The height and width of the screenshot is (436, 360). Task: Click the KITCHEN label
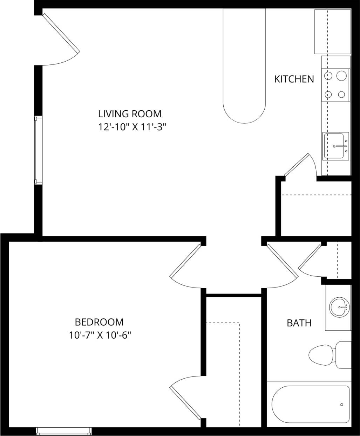[x=294, y=79]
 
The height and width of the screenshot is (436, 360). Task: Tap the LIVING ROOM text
[x=130, y=114]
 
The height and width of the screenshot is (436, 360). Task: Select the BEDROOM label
[x=99, y=322]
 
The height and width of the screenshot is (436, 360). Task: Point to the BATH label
[x=299, y=323]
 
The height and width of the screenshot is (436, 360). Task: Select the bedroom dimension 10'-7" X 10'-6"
[x=100, y=335]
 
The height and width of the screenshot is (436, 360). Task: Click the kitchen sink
[x=335, y=146]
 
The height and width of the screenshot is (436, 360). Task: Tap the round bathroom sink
[x=339, y=307]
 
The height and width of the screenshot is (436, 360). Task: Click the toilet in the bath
[x=330, y=355]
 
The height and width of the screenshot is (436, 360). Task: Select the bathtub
[x=310, y=404]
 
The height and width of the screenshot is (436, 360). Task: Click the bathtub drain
[x=341, y=404]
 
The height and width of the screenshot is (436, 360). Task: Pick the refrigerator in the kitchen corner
[x=332, y=32]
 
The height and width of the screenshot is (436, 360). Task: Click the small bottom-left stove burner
[x=329, y=94]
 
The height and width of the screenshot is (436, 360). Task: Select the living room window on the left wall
[x=38, y=150]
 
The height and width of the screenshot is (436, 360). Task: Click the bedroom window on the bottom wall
[x=64, y=431]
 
